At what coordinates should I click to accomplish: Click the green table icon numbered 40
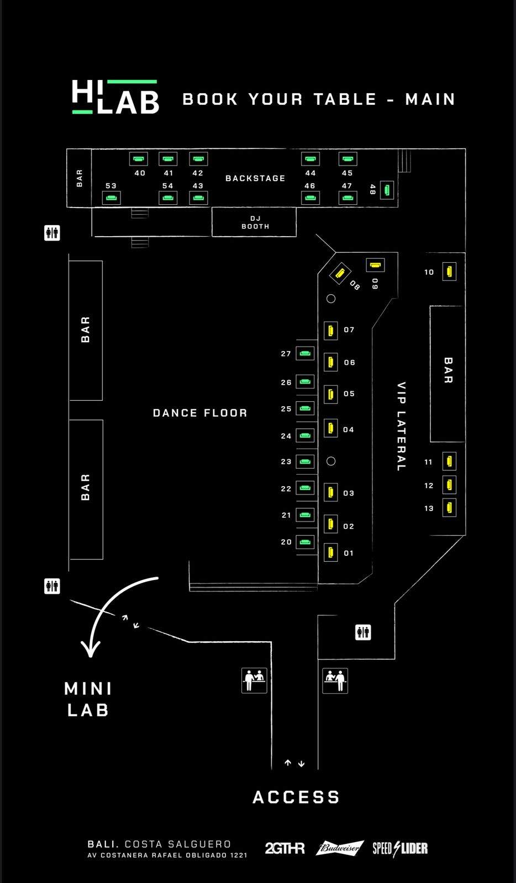(139, 159)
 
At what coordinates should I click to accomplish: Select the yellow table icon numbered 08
(340, 273)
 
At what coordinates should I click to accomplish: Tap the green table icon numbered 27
(305, 353)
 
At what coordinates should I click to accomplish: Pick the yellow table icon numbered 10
(449, 272)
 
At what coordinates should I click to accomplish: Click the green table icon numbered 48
(387, 190)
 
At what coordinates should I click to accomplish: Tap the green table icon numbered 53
(111, 198)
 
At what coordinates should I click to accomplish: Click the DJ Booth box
(254, 222)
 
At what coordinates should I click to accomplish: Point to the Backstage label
(255, 178)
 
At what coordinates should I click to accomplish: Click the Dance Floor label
(200, 413)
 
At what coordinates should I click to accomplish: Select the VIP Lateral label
(401, 426)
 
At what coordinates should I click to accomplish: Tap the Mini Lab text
(88, 700)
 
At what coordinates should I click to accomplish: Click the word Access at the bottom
(296, 797)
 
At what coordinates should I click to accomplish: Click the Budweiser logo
(339, 848)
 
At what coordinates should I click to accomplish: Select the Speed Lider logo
(400, 848)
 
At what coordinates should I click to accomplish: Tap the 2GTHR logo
(285, 848)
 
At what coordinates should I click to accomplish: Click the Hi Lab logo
(115, 97)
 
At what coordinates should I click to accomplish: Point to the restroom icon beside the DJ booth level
(52, 233)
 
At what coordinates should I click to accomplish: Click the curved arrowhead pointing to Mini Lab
(91, 649)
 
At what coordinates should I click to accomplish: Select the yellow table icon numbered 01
(330, 552)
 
